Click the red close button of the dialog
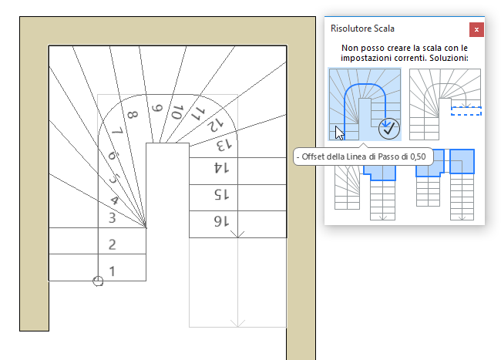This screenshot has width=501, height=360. pos(476,29)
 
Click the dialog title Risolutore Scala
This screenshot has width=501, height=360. pos(362,29)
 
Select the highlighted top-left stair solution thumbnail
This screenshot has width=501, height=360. pos(364,103)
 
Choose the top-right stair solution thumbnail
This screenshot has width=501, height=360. pos(445,103)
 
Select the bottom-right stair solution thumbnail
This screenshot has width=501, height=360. pos(445,185)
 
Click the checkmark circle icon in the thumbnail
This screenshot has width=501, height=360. pos(388,127)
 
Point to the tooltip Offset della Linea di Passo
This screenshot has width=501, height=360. pos(363,157)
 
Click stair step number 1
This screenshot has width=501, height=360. pos(113,271)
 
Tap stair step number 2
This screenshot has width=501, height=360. pos(113,245)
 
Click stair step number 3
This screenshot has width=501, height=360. pos(113,218)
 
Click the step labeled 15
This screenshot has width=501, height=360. pos(219,195)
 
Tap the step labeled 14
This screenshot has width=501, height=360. pos(219,167)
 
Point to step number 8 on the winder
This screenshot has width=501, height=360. pos(133,116)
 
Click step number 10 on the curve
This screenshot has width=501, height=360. pos(177,113)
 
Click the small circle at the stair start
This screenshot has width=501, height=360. pos(98,281)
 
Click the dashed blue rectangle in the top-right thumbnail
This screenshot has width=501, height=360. pos(466,111)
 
